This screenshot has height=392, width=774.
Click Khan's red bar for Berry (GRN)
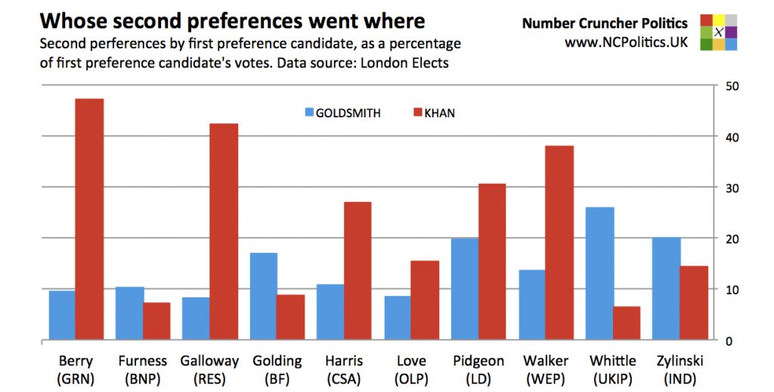89,219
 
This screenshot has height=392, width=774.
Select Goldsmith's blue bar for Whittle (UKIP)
600,273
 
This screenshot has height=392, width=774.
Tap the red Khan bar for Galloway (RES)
224,232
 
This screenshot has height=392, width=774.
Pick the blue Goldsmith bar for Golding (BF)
264,296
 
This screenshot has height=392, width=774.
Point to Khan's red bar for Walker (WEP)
559,242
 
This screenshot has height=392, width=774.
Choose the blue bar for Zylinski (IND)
667,288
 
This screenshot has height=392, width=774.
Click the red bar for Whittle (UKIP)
627,323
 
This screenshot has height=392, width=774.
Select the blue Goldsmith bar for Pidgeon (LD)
466,289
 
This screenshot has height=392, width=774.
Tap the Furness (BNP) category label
143,369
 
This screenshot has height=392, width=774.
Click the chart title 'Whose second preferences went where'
232,20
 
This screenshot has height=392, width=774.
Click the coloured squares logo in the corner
717,32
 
